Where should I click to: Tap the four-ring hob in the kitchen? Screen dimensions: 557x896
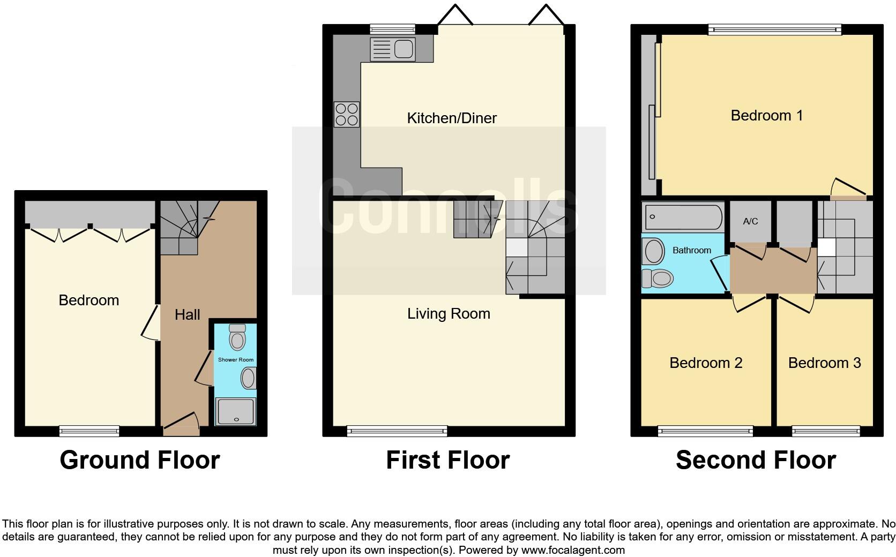pyautogui.click(x=346, y=114)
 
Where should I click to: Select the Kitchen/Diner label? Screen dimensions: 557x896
pyautogui.click(x=452, y=118)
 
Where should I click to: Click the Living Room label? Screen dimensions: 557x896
pyautogui.click(x=449, y=314)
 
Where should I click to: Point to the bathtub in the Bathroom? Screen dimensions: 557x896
pyautogui.click(x=682, y=217)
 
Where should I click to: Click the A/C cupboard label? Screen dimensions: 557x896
pyautogui.click(x=750, y=221)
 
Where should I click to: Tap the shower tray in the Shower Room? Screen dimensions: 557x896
pyautogui.click(x=236, y=411)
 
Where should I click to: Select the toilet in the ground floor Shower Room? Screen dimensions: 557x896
pyautogui.click(x=236, y=337)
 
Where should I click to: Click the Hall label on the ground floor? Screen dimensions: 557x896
pyautogui.click(x=187, y=315)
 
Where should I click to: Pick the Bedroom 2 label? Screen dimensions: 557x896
pyautogui.click(x=705, y=363)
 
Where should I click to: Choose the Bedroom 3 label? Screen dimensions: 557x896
pyautogui.click(x=824, y=363)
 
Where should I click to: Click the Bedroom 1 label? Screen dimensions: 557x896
pyautogui.click(x=766, y=116)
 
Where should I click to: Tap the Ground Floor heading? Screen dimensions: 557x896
pyautogui.click(x=139, y=460)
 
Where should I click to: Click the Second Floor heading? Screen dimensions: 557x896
pyautogui.click(x=755, y=460)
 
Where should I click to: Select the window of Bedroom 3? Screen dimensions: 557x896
pyautogui.click(x=825, y=430)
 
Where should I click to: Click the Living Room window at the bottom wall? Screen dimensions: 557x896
pyautogui.click(x=397, y=430)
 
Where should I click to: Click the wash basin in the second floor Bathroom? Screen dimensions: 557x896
pyautogui.click(x=653, y=251)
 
